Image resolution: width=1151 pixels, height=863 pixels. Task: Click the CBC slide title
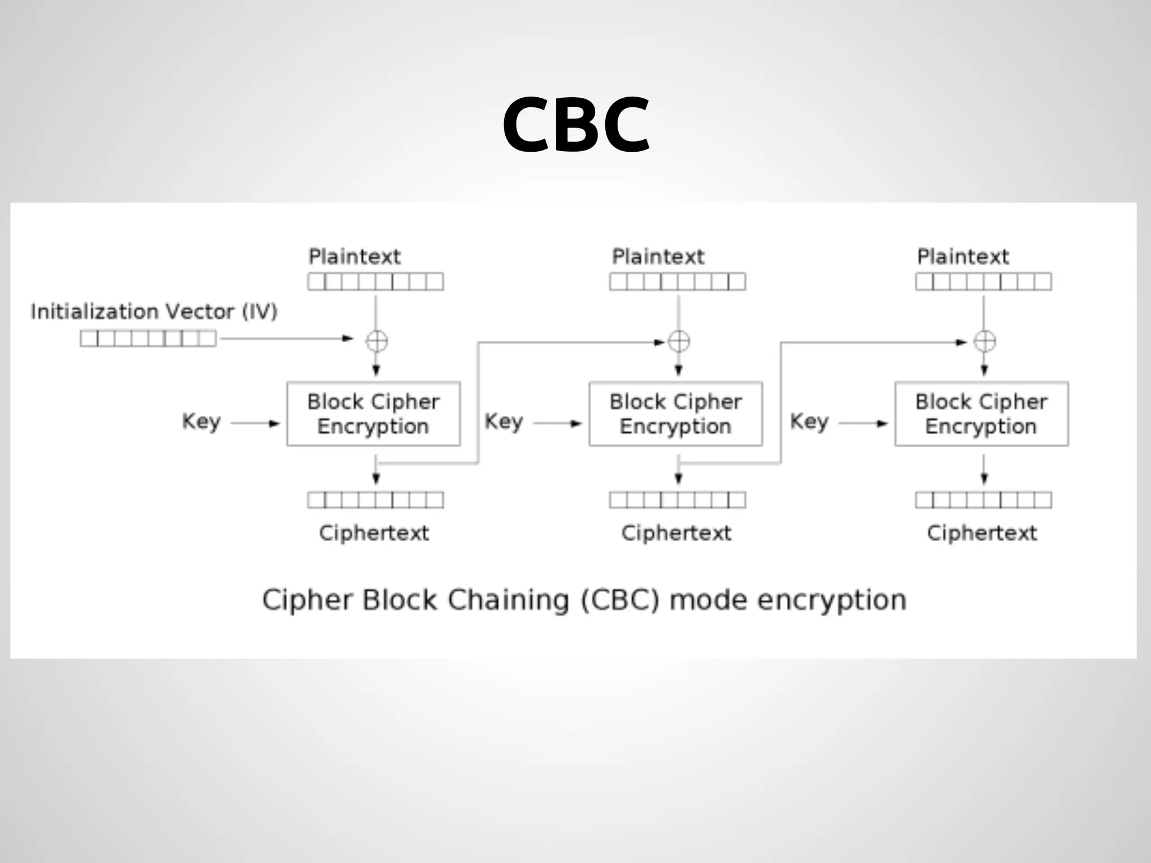575,124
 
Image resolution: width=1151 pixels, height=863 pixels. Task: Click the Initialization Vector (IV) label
154,311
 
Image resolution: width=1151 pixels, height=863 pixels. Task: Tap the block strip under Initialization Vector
148,338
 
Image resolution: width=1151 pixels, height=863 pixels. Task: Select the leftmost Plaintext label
355,257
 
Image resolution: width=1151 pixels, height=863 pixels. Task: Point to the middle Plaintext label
658,257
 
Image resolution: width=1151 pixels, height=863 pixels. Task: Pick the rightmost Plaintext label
963,257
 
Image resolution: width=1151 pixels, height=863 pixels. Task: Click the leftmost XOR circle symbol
377,341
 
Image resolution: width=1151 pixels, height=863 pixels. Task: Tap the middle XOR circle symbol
679,341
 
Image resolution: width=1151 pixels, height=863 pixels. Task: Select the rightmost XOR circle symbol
985,341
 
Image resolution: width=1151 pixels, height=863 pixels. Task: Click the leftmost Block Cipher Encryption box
373,414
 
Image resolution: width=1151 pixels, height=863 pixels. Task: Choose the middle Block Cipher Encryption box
676,414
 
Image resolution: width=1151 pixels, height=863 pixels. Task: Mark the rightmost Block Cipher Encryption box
981,414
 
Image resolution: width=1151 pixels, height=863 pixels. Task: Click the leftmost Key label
201,421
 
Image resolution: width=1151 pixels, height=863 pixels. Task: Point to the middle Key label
504,421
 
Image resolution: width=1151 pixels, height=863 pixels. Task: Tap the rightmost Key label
809,421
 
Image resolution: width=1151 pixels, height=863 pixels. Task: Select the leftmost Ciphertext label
374,533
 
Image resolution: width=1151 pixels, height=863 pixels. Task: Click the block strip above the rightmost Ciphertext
984,500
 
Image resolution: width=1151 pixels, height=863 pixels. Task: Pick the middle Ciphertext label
676,533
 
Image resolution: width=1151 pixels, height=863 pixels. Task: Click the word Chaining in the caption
508,600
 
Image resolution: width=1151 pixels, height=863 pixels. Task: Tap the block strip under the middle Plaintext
678,281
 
